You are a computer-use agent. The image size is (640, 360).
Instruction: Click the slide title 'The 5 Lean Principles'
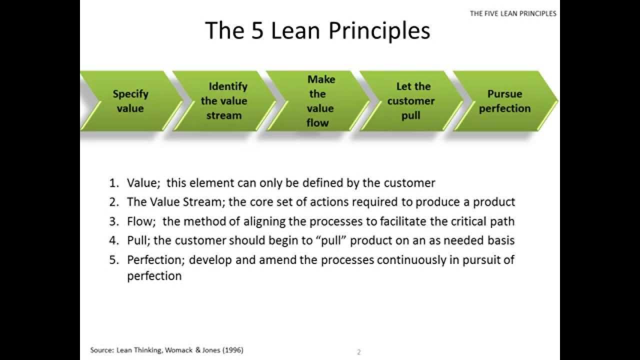[x=317, y=30]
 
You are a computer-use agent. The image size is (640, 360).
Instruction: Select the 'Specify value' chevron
[x=130, y=101]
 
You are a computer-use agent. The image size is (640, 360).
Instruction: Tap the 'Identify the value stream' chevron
[x=224, y=101]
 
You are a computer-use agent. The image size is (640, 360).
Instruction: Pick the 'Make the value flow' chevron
[x=318, y=101]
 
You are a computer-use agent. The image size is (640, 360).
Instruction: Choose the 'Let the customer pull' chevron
[x=411, y=101]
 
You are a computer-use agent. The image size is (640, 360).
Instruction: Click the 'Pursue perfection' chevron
[x=504, y=101]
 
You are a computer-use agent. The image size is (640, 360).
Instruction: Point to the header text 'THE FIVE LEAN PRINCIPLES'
[x=513, y=13]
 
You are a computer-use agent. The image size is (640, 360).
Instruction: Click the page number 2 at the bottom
[x=358, y=352]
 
